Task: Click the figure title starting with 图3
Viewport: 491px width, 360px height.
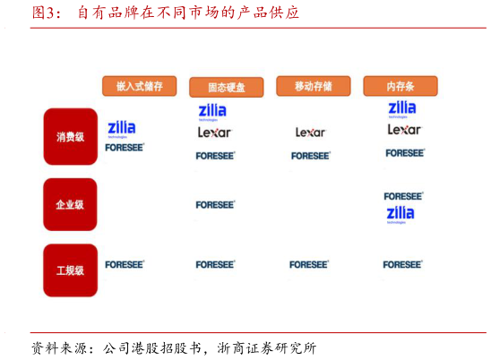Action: point(166,13)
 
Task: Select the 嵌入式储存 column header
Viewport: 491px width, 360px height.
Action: point(139,86)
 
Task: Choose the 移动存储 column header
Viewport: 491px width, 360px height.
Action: point(313,86)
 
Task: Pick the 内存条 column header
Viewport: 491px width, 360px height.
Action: point(400,86)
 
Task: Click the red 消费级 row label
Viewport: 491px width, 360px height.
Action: point(70,137)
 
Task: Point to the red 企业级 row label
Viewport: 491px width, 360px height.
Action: point(70,204)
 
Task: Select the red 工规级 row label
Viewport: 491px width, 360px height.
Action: point(70,270)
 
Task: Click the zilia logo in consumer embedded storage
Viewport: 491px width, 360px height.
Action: point(122,129)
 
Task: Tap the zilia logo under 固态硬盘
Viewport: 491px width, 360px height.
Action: point(212,111)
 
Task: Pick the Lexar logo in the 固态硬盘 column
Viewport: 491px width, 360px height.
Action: point(214,133)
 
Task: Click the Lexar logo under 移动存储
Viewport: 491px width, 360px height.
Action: point(311,133)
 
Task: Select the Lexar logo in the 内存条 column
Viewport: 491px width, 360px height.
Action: point(403,130)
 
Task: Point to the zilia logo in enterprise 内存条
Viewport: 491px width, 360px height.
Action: point(401,214)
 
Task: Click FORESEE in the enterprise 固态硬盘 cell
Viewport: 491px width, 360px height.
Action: point(215,205)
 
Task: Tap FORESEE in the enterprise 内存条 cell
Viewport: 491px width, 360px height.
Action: point(403,196)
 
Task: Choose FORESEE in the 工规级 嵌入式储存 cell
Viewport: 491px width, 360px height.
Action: point(125,265)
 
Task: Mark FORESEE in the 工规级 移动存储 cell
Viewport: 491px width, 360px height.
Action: point(309,265)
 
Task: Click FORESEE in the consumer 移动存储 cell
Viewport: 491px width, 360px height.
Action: point(311,156)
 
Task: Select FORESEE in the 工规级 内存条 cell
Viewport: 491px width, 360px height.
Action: point(402,265)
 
